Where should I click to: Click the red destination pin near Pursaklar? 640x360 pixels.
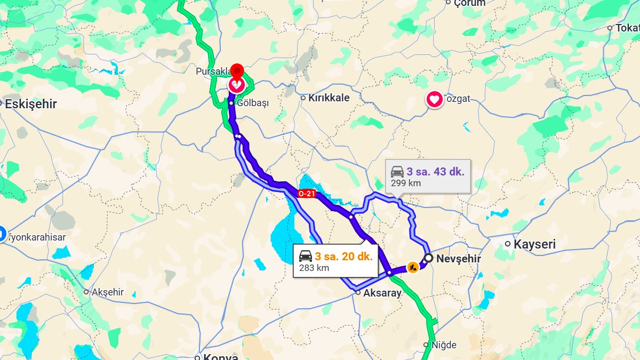pyautogui.click(x=236, y=72)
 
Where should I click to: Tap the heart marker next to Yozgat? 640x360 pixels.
pyautogui.click(x=435, y=99)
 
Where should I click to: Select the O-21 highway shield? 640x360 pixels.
pyautogui.click(x=306, y=194)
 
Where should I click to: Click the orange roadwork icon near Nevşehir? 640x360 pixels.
pyautogui.click(x=412, y=267)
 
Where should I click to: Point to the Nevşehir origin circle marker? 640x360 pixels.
pyautogui.click(x=428, y=258)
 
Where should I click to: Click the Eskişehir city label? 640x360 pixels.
pyautogui.click(x=30, y=104)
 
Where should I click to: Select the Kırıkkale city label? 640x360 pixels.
pyautogui.click(x=329, y=98)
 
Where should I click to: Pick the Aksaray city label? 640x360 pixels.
pyautogui.click(x=382, y=293)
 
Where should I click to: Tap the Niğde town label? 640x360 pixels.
pyautogui.click(x=444, y=345)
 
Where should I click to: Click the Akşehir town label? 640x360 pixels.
pyautogui.click(x=107, y=292)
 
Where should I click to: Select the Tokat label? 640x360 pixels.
pyautogui.click(x=627, y=28)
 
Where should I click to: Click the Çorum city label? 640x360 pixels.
pyautogui.click(x=469, y=4)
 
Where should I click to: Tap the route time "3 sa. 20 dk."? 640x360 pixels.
pyautogui.click(x=343, y=256)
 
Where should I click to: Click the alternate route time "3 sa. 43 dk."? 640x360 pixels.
pyautogui.click(x=435, y=172)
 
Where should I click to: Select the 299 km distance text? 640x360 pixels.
pyautogui.click(x=405, y=183)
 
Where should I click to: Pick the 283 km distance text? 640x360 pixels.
pyautogui.click(x=314, y=268)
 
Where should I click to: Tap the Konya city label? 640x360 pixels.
pyautogui.click(x=219, y=357)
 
